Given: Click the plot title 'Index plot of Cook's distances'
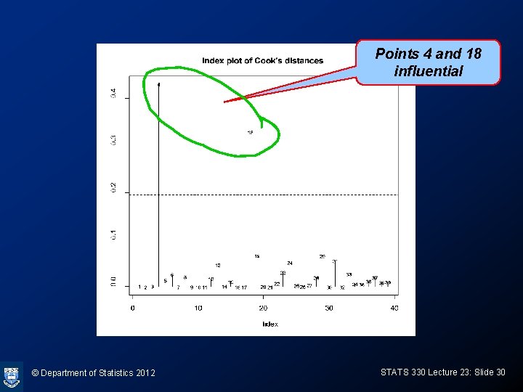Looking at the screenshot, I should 262,61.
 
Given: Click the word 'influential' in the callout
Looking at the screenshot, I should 428,71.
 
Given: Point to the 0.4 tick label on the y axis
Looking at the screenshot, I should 113,93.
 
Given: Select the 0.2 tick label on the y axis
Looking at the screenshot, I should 113,188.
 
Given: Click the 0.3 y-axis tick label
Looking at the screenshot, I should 113,139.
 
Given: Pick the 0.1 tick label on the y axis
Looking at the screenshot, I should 113,235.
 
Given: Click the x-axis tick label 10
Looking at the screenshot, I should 198,309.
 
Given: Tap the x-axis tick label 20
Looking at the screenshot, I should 264,309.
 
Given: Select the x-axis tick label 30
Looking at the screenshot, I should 329,309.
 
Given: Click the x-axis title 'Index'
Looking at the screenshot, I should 269,324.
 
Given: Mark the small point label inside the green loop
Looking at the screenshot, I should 250,133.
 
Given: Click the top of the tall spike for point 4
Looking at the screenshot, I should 159,83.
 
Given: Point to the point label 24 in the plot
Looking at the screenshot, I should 290,263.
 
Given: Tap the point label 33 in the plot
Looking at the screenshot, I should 349,274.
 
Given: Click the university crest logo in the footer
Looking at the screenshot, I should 11,376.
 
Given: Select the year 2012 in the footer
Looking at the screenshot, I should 145,373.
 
